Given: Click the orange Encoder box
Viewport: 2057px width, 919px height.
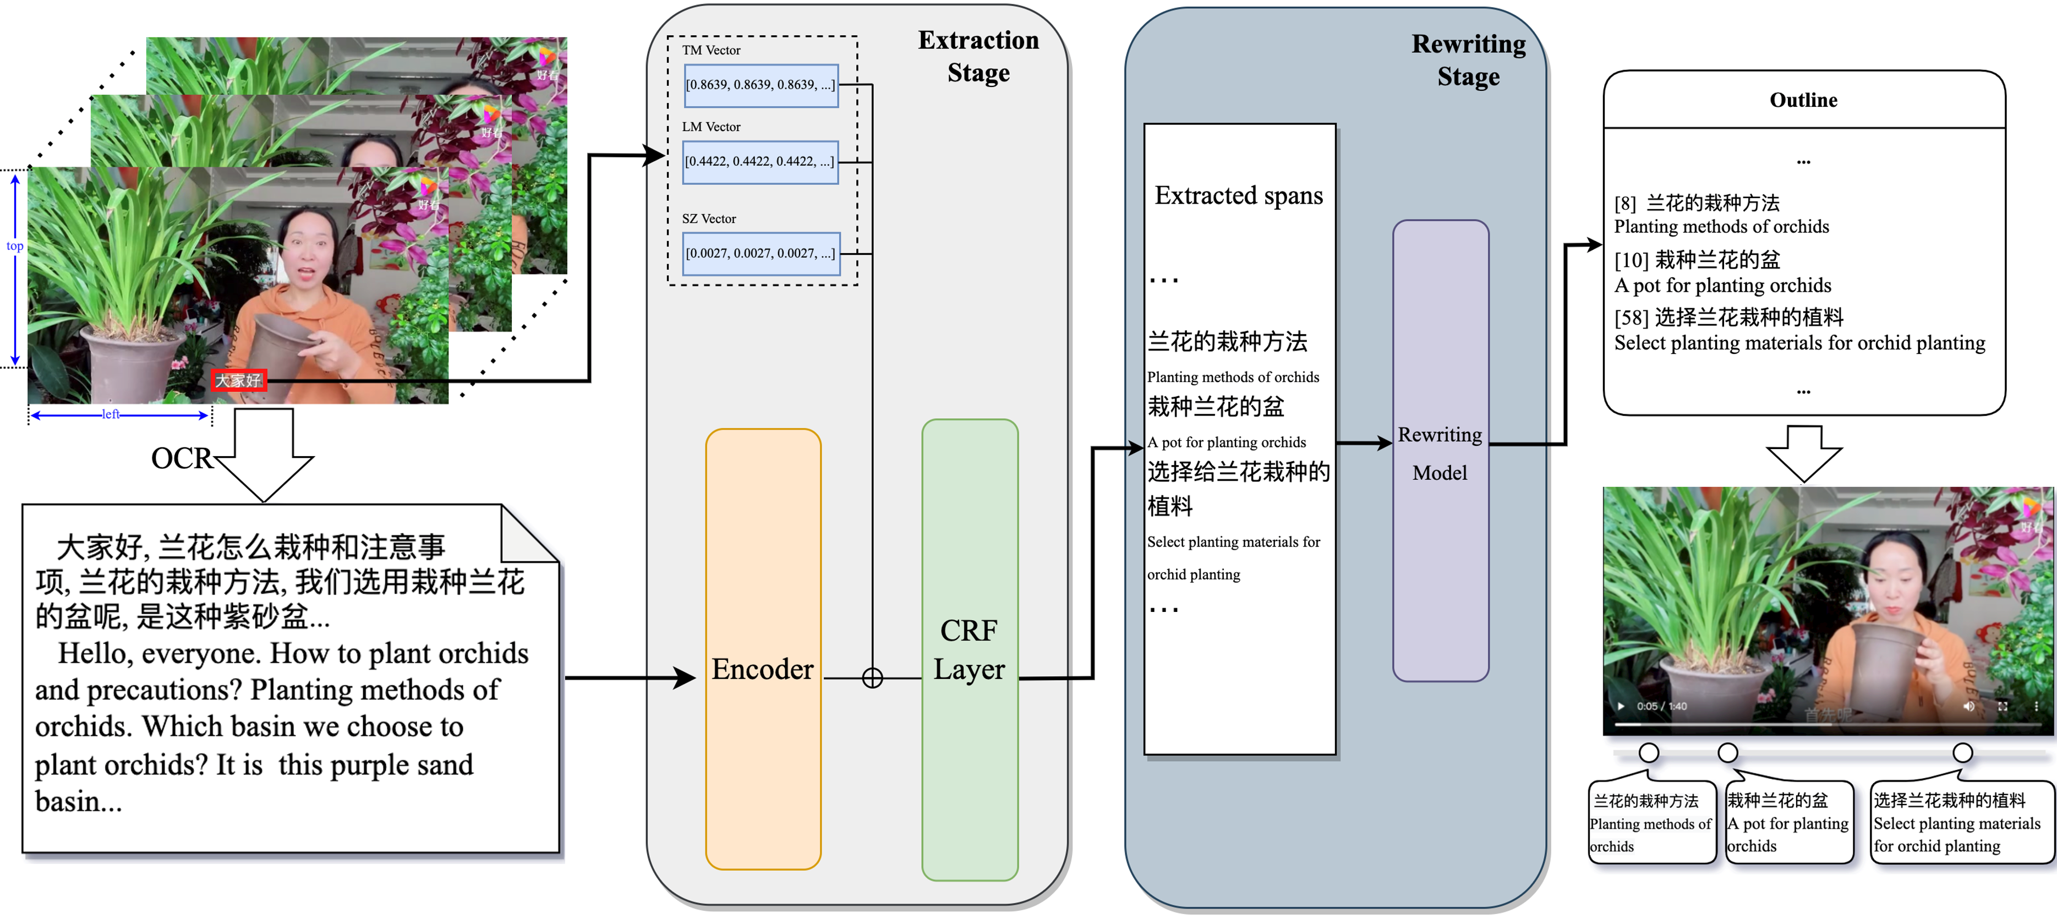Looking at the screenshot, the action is click(763, 648).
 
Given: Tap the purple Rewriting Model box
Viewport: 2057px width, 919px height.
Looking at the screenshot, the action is click(1441, 451).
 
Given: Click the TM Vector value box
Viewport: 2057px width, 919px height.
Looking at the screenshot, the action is click(761, 85).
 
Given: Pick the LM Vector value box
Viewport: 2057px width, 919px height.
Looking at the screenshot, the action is click(760, 161).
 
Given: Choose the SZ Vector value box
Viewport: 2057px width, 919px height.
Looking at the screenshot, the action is click(761, 253).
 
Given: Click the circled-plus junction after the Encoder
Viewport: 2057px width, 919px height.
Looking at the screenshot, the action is click(872, 678).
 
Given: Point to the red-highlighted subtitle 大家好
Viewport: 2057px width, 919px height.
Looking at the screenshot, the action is click(238, 380).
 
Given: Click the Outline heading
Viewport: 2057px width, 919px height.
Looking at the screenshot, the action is click(1803, 100).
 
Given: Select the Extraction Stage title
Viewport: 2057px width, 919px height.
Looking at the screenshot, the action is click(978, 56).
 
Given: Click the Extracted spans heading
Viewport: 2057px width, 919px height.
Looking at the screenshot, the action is click(1239, 195).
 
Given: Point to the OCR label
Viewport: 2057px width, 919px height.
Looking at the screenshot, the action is click(181, 458).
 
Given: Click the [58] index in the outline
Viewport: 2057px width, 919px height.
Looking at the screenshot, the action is click(1631, 318).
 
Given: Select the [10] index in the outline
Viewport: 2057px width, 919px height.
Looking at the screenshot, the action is click(1631, 260).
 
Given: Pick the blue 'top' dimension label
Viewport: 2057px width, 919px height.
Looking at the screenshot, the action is click(14, 246).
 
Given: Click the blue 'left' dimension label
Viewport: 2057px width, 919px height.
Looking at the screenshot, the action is click(110, 414).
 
